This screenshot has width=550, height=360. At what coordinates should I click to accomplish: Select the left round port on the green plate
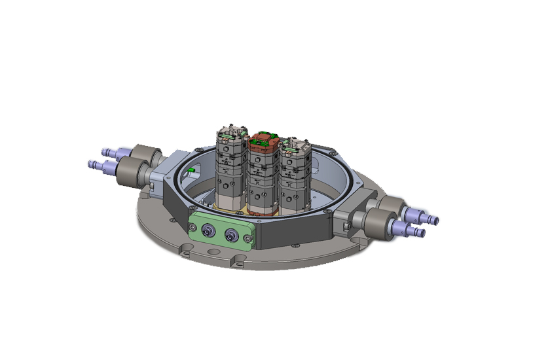pos(208,230)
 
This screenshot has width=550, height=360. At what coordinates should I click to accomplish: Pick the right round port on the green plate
pos(231,235)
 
